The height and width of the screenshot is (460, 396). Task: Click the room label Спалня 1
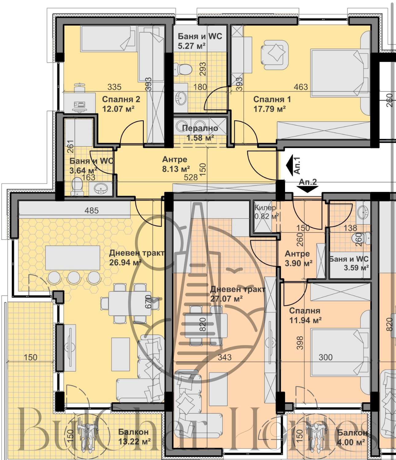272,99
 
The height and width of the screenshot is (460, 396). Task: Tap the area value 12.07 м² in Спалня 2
118,108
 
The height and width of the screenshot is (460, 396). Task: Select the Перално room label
200,128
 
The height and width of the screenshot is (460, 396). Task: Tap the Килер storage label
265,208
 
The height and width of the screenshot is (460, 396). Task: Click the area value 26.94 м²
125,263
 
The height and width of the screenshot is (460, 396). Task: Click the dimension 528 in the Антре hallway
190,177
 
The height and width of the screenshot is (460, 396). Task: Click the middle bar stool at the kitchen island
74,277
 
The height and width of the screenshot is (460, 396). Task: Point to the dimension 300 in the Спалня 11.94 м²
325,357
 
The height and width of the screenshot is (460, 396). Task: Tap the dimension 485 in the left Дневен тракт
92,210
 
